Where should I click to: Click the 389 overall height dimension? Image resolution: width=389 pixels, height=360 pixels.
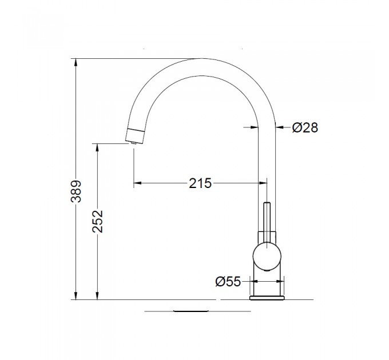pyautogui.click(x=76, y=191)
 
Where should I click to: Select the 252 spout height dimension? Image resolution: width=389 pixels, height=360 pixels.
pyautogui.click(x=97, y=221)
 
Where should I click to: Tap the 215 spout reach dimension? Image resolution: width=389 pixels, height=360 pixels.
pyautogui.click(x=200, y=183)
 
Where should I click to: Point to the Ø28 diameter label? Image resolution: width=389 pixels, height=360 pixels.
pyautogui.click(x=305, y=127)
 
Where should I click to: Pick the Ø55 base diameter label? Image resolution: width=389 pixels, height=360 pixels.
pyautogui.click(x=228, y=282)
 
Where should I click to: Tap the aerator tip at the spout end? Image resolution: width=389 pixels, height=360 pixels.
pyautogui.click(x=133, y=143)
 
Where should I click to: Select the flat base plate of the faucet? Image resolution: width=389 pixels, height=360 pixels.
pyautogui.click(x=267, y=298)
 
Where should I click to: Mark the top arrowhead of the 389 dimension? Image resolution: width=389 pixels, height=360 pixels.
pyautogui.click(x=76, y=63)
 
